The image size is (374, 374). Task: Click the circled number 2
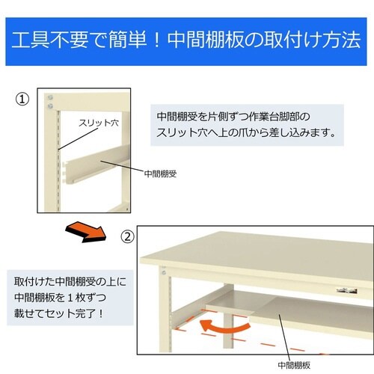pyautogui.click(x=127, y=236)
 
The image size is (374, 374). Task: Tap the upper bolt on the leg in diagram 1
pyautogui.click(x=50, y=97)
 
